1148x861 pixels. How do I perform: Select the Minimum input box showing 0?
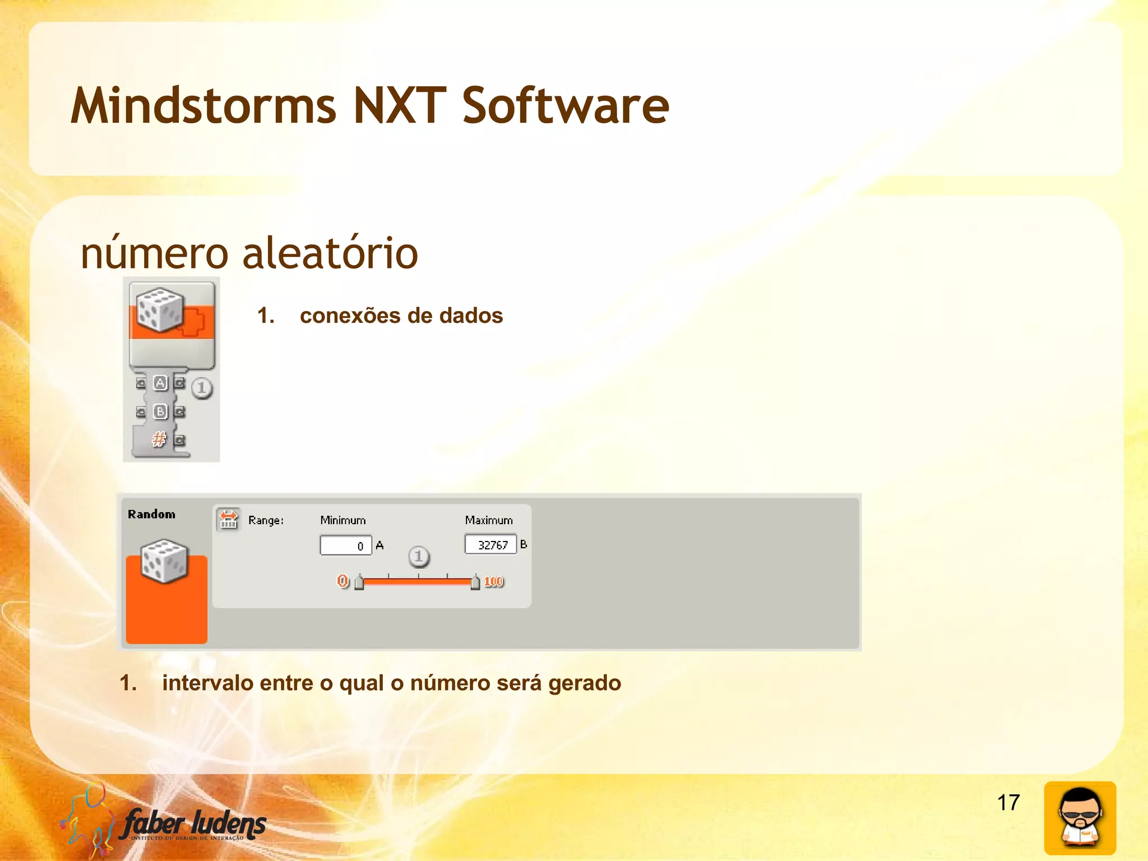[x=345, y=545]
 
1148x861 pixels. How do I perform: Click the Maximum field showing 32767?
[x=490, y=544]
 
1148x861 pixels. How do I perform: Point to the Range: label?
[x=266, y=521]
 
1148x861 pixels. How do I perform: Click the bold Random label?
[x=151, y=515]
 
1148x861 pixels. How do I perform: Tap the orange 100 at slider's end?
[x=494, y=582]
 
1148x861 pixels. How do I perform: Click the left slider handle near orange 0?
[x=359, y=583]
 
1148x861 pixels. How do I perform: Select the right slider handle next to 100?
[x=475, y=583]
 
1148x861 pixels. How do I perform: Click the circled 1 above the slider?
[x=419, y=557]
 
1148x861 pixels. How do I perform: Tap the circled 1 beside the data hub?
[x=202, y=388]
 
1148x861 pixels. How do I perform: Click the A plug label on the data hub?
[x=160, y=383]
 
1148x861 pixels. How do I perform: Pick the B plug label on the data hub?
[x=160, y=412]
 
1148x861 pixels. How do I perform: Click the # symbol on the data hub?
[x=159, y=439]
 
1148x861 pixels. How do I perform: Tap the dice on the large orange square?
[x=164, y=561]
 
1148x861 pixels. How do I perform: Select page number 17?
[x=1008, y=803]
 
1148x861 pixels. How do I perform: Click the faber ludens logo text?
[x=193, y=824]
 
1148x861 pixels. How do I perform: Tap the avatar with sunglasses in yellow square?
[x=1080, y=817]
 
